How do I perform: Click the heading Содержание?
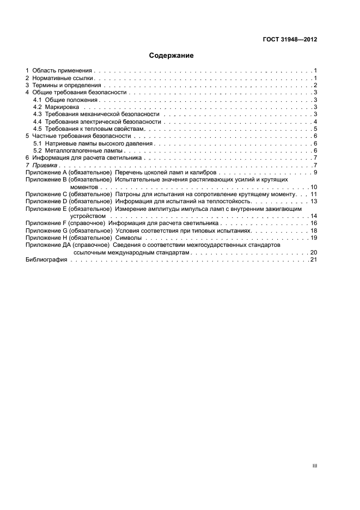pyautogui.click(x=171, y=56)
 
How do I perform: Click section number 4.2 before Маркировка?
pyautogui.click(x=38, y=107)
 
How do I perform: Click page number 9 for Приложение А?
pyautogui.click(x=315, y=172)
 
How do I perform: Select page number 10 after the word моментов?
pyautogui.click(x=314, y=187)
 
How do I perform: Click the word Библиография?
pyautogui.click(x=46, y=260)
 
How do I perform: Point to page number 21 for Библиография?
pyautogui.click(x=313, y=260)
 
